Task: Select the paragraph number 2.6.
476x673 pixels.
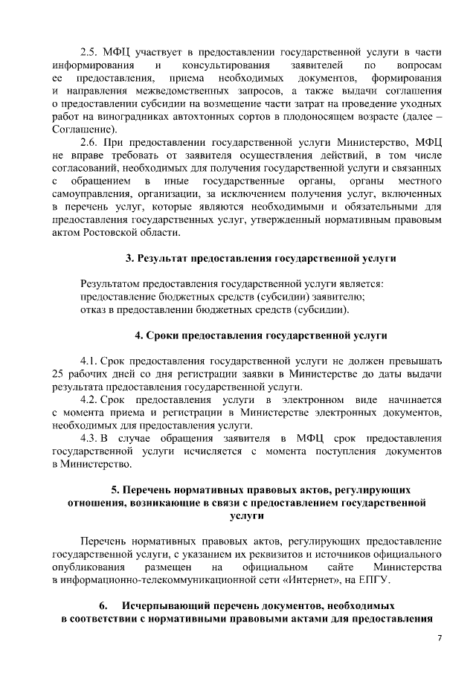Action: [89, 142]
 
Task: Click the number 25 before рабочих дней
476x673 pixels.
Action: [59, 374]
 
